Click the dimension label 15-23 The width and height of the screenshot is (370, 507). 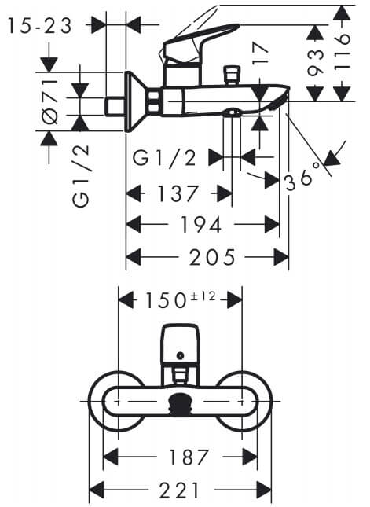coord(39,26)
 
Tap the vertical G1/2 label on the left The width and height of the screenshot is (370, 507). coord(81,177)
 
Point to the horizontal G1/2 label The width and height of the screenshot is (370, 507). coord(165,159)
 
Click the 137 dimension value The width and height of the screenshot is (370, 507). coord(178,193)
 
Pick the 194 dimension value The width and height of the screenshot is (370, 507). coord(200,224)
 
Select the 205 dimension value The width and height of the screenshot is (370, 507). coord(212,257)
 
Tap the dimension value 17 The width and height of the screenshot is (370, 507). coord(261,54)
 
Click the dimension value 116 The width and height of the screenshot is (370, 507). coord(343,51)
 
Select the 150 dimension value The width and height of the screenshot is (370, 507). coord(166,300)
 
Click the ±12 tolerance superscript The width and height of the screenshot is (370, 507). coord(203,296)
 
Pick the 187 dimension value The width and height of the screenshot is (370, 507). coord(189,457)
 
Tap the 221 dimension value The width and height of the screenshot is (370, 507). coord(179,490)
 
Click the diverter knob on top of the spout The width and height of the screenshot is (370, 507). coord(232,75)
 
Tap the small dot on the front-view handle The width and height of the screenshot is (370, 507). coord(181,355)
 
